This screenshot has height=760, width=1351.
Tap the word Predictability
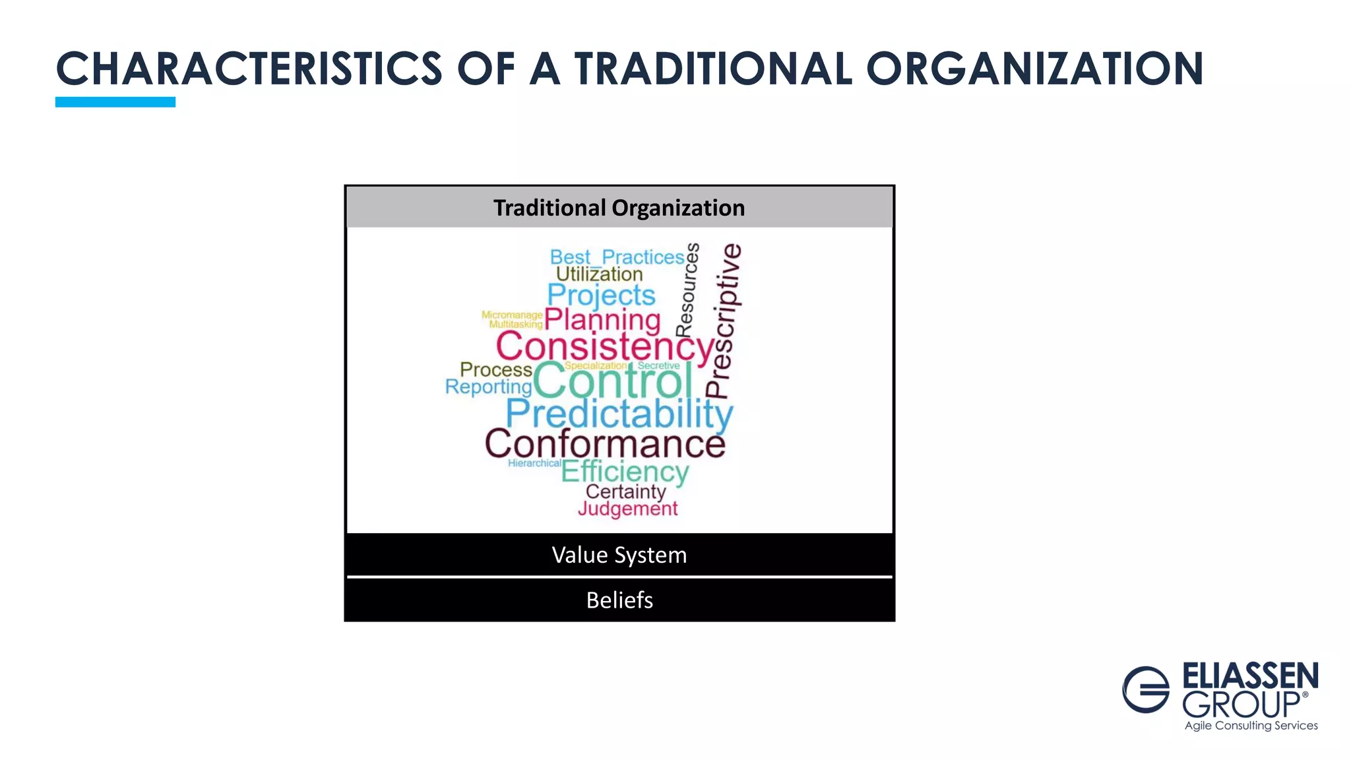point(619,415)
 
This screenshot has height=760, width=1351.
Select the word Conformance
point(605,444)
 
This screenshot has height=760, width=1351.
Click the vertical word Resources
point(687,290)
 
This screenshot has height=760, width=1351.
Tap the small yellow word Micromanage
point(512,315)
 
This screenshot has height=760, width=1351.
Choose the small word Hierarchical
point(534,463)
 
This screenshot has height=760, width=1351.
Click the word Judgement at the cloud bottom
point(627,509)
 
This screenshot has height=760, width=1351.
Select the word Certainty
point(625,491)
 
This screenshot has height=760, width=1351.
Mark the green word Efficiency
point(625,472)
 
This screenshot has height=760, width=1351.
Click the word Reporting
point(488,387)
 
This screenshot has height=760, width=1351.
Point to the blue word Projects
point(601,295)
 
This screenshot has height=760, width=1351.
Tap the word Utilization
point(599,274)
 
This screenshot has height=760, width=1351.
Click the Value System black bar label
point(619,555)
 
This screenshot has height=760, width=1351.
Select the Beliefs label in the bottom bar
point(619,600)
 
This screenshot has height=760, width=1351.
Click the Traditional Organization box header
point(619,208)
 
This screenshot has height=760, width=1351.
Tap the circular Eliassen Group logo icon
point(1146,689)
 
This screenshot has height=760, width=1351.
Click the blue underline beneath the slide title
point(115,102)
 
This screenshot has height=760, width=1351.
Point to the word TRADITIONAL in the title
point(713,69)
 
